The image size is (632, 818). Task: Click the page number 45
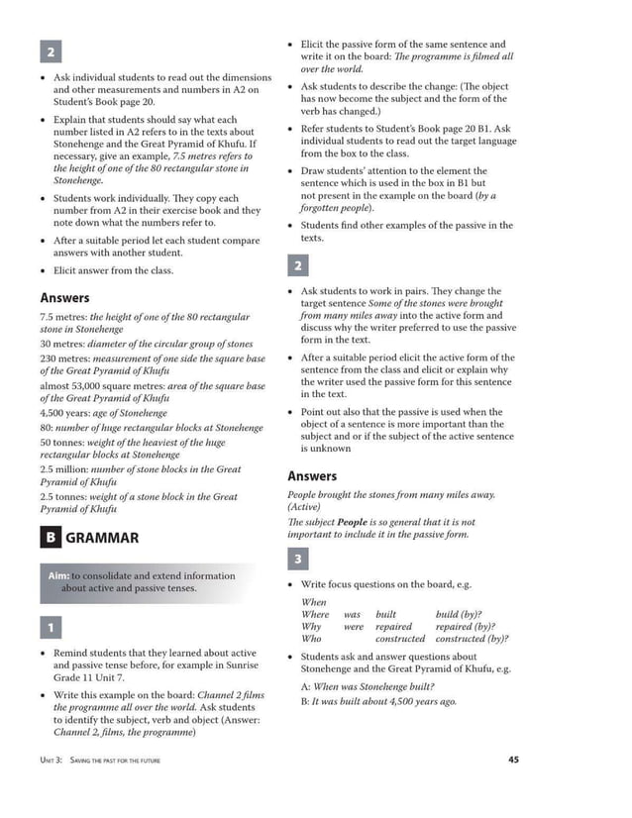coord(513,760)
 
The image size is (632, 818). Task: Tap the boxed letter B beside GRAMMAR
coord(50,538)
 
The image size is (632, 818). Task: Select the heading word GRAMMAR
coord(102,538)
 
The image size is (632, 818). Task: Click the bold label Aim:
coord(58,575)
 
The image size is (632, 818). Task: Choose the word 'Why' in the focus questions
coord(311,627)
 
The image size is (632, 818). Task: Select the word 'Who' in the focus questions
coord(312,640)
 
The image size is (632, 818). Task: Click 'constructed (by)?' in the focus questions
coord(472,640)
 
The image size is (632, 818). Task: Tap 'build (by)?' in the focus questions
coord(459,614)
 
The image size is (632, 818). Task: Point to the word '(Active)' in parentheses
coord(304,507)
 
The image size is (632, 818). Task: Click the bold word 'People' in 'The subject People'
coord(352,521)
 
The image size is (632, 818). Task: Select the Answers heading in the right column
coord(312,476)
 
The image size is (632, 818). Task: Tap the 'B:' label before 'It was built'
coord(305,701)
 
